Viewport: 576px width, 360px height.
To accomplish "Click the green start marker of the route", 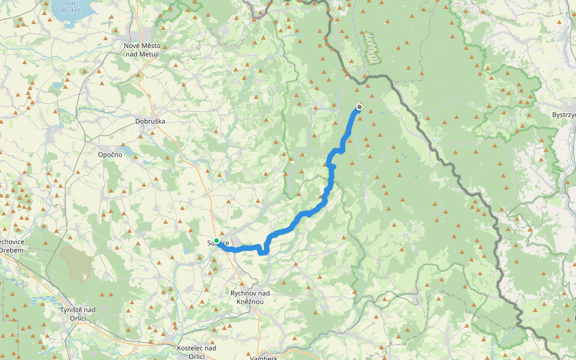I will point(217,241).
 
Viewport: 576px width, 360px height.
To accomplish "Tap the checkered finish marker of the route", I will point(359,107).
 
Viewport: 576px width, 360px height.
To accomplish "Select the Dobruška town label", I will point(149,121).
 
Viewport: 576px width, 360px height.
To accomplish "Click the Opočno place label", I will point(110,154).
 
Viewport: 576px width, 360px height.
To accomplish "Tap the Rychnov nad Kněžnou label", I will point(250,297).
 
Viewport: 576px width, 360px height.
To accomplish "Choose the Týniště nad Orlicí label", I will point(77,313).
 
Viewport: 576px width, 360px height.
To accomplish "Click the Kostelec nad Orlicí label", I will point(197,352).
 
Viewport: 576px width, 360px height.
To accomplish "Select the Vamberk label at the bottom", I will point(263,357).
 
